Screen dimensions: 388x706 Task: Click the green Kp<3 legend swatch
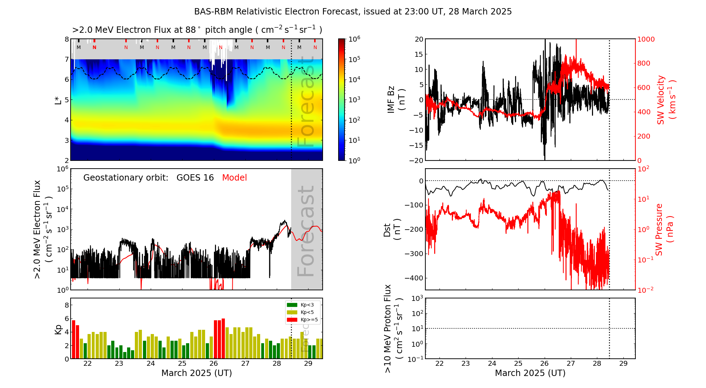pos(292,305)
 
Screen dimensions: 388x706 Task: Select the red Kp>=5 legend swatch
pos(292,320)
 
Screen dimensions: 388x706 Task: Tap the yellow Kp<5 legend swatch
pos(292,312)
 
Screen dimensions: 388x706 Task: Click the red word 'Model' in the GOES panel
pos(234,178)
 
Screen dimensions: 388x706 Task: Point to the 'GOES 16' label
pos(195,178)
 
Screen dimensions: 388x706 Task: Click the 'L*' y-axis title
pos(58,99)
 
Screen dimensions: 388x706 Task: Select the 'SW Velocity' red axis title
pos(661,99)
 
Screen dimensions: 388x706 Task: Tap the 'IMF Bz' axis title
pos(391,99)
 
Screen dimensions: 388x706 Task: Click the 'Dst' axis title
pos(387,230)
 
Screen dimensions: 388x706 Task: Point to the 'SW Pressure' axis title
pos(659,230)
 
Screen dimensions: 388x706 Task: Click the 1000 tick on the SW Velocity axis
pos(646,39)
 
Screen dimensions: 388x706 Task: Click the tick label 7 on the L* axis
pos(67,59)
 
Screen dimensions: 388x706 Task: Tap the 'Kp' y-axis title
pos(58,329)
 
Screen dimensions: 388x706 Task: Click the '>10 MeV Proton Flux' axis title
pos(388,329)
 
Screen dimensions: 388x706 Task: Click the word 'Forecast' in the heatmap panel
pos(306,102)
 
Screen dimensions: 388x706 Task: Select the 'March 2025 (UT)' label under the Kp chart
pos(197,373)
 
